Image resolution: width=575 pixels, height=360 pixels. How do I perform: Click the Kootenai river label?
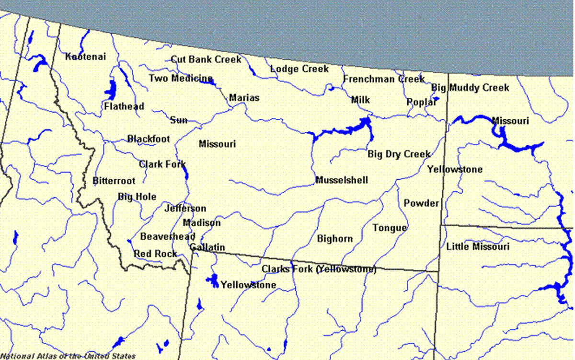(x=85, y=57)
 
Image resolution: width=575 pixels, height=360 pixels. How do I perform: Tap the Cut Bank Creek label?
(x=206, y=59)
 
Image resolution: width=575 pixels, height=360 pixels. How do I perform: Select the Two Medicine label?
(x=180, y=78)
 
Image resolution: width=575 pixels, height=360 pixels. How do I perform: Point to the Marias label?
(x=244, y=98)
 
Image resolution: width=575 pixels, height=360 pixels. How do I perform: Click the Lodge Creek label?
(x=299, y=69)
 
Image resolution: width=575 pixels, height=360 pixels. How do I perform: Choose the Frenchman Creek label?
(x=384, y=79)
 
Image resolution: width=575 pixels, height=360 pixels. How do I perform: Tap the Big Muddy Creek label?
(x=470, y=88)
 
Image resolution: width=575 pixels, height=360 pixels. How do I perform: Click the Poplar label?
(x=422, y=102)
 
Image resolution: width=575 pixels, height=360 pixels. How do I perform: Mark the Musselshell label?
(x=342, y=180)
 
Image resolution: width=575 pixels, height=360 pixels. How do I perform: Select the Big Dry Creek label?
(x=399, y=154)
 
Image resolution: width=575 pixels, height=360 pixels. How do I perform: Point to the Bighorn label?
(x=335, y=238)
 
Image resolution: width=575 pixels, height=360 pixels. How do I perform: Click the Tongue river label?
(x=390, y=228)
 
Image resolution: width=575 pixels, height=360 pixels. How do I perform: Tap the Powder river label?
(x=421, y=203)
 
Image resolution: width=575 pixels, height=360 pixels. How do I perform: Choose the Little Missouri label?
(x=478, y=247)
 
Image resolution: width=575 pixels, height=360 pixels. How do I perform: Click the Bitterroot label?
(x=114, y=181)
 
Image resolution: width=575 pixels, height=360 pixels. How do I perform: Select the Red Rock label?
(x=155, y=254)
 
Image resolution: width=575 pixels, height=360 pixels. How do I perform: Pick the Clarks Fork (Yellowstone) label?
(x=319, y=269)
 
